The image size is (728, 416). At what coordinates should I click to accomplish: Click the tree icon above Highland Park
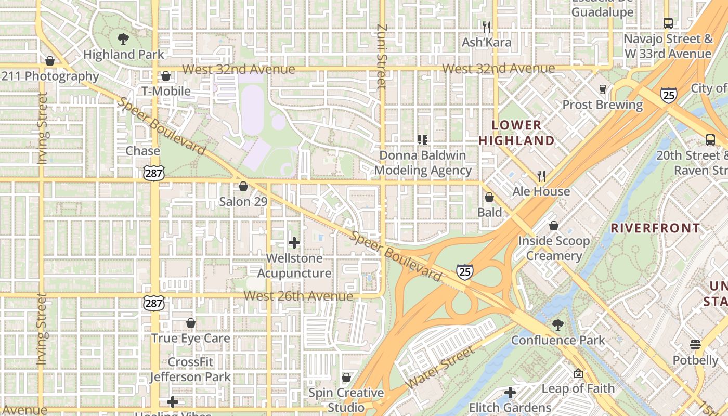click(x=123, y=38)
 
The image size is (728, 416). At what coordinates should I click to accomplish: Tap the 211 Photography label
click(x=50, y=76)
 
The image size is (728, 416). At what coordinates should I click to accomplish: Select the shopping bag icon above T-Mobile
click(x=166, y=76)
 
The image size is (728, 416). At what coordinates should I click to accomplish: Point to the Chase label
click(x=143, y=151)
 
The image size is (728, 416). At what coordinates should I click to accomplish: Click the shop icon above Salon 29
click(x=243, y=186)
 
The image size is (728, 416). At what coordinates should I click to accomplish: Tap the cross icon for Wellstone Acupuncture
click(x=294, y=243)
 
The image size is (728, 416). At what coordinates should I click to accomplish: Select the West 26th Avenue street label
click(x=298, y=296)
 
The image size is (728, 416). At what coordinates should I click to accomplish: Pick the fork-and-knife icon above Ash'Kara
click(x=487, y=27)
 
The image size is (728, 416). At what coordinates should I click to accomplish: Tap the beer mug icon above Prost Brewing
click(x=603, y=89)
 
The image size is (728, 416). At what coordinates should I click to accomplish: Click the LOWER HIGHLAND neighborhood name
click(x=516, y=133)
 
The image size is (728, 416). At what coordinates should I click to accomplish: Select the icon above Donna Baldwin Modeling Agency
click(x=423, y=139)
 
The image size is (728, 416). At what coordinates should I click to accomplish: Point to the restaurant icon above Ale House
click(x=541, y=176)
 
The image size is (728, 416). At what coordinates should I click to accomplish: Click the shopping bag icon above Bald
click(x=489, y=197)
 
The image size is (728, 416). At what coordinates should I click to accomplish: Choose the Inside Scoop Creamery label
click(x=554, y=248)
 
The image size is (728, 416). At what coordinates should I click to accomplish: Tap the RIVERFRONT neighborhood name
click(x=655, y=228)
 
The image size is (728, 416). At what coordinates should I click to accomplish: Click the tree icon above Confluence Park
click(x=558, y=325)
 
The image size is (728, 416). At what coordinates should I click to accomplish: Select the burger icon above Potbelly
click(x=695, y=345)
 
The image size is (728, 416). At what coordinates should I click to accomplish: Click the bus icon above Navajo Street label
click(x=668, y=23)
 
